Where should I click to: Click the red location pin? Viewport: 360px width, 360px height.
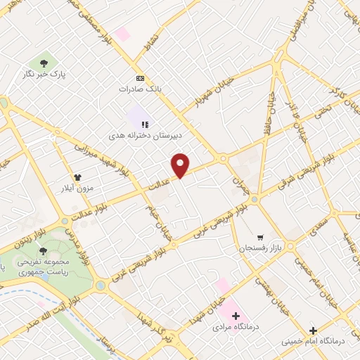[x=181, y=165]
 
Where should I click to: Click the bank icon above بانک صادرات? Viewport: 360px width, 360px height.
[x=140, y=78]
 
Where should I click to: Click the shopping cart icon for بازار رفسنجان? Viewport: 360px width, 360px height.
[x=261, y=238]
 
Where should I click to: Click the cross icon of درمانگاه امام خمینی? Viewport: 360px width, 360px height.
[x=314, y=330]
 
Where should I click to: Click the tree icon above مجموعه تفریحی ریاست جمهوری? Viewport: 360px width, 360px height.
[x=43, y=250]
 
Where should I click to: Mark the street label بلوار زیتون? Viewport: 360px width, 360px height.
[x=28, y=234]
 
